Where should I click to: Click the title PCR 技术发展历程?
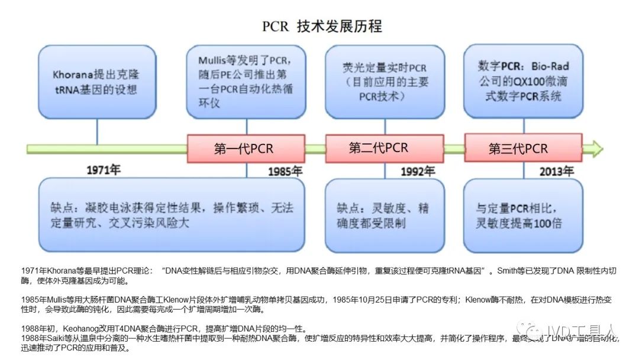coord(322,27)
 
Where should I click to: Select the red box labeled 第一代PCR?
coord(246,149)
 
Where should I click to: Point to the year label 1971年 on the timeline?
coord(103,170)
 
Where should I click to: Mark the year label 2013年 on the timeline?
coord(556,172)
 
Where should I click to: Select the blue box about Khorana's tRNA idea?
coord(97,82)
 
